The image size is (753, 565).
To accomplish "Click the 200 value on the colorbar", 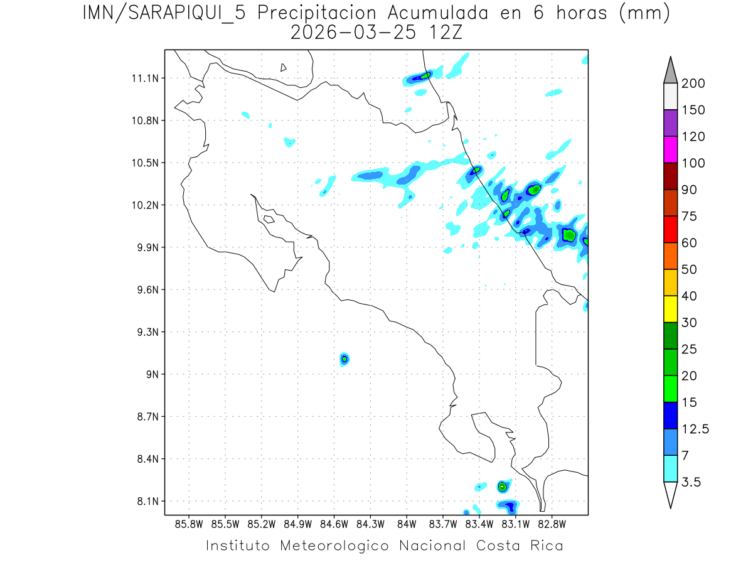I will tap(694, 83).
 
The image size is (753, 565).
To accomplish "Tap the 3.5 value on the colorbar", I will tap(692, 482).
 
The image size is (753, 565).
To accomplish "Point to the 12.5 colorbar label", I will tap(694, 429).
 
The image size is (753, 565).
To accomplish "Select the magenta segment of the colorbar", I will tap(670, 149).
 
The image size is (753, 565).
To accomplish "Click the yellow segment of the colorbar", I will tap(670, 309).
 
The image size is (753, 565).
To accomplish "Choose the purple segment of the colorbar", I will tap(670, 123).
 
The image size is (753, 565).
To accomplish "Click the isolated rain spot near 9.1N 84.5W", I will tap(344, 359).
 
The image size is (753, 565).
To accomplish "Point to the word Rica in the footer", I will tap(546, 546).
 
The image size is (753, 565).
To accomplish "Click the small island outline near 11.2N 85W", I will tap(284, 67).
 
